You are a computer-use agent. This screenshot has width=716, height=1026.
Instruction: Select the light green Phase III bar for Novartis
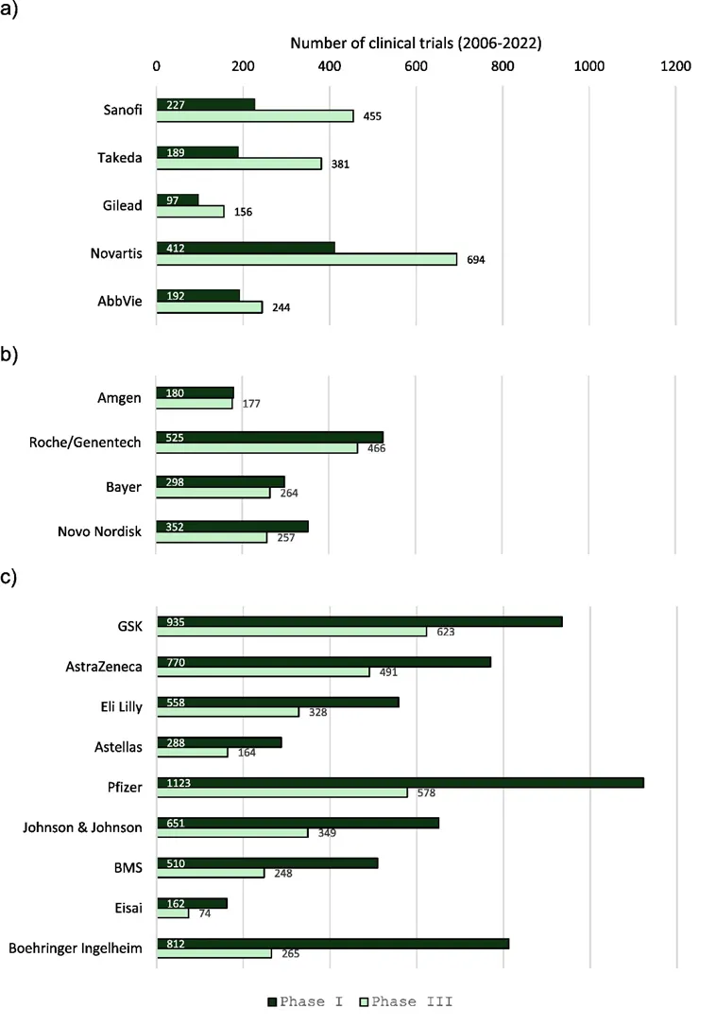(306, 259)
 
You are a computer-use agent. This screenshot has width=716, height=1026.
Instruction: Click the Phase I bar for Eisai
(192, 903)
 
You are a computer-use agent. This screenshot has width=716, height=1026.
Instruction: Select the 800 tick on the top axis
(503, 66)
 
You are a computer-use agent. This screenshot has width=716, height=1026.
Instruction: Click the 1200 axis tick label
(675, 66)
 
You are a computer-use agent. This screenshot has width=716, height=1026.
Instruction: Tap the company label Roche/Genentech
(86, 442)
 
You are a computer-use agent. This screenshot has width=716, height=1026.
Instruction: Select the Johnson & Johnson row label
(82, 827)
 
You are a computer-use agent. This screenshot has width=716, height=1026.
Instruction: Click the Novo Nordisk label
(99, 531)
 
